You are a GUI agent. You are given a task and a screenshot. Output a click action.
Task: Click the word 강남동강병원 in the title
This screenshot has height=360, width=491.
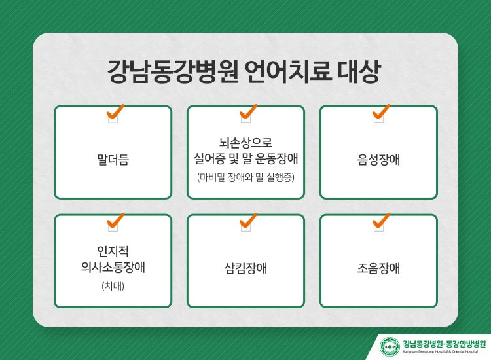pos(173,71)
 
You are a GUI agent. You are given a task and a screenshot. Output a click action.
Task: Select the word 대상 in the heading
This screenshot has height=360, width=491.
pos(359,71)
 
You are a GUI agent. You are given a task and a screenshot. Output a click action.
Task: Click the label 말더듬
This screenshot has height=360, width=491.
pos(113,159)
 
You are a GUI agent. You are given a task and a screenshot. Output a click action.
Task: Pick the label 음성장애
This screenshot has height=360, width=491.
pos(378,159)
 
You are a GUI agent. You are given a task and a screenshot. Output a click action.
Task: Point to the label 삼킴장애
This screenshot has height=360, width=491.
pos(245,268)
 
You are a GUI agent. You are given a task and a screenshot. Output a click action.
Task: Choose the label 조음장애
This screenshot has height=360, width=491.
pos(378,268)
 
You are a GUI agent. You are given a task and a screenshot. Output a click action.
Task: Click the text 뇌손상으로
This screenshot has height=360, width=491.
pos(245,143)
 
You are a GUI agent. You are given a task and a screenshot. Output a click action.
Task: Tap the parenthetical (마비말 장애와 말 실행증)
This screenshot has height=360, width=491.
pos(245,177)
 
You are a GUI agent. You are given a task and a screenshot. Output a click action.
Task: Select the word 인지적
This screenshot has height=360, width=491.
pos(113,251)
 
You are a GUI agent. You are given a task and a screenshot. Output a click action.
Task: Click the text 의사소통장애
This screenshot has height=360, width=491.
pos(113,267)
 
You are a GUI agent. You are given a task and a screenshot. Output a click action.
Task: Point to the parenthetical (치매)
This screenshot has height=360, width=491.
pos(113,286)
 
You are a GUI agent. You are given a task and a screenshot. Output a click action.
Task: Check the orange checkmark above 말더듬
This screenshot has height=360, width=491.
pos(115,112)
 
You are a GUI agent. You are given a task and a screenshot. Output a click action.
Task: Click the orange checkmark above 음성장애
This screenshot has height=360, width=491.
pos(381,112)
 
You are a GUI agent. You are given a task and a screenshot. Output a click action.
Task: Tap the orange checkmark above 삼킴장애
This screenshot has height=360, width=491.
pos(248,221)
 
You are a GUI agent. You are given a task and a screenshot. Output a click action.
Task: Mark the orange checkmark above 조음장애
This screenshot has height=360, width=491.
pos(381,221)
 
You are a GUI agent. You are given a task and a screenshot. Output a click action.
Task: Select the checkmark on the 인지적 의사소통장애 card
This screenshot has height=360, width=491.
pos(115,221)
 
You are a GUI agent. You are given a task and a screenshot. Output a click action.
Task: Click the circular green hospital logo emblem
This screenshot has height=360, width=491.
pos(390,346)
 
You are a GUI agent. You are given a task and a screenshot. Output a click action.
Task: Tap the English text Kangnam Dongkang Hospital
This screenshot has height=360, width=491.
pos(425,352)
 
